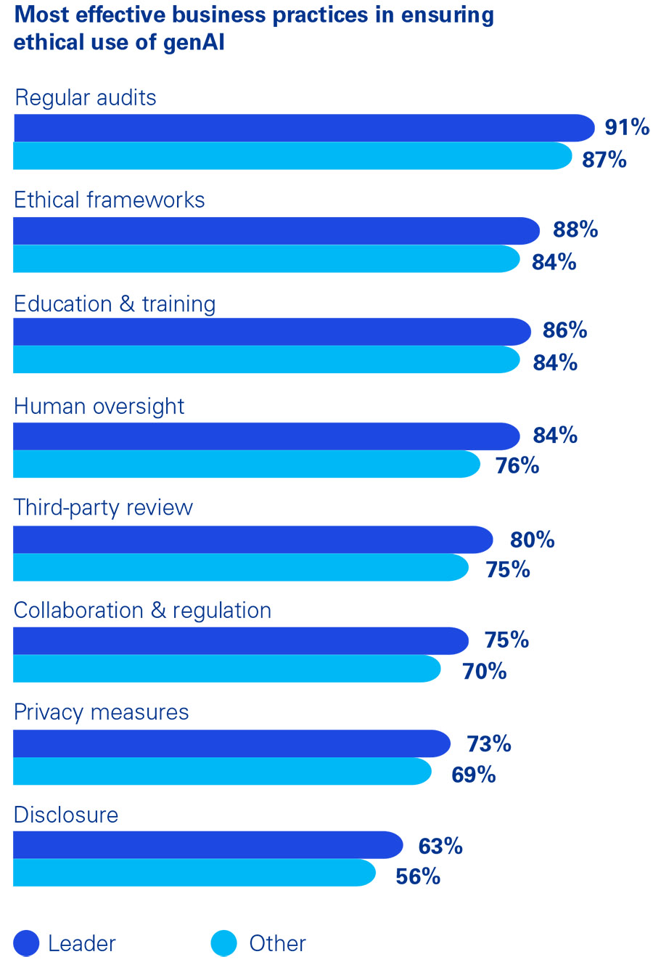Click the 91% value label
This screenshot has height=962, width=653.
(x=627, y=127)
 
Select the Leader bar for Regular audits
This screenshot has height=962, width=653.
(x=303, y=128)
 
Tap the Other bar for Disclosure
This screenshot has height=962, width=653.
(x=194, y=873)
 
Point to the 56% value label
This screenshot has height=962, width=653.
(x=418, y=876)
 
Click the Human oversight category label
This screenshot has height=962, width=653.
(x=99, y=406)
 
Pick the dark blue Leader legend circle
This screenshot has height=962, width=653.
(x=26, y=943)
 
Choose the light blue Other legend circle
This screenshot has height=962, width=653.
(x=224, y=943)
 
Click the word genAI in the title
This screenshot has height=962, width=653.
(x=192, y=42)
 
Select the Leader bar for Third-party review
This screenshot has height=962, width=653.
(x=252, y=539)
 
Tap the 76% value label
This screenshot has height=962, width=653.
(x=517, y=465)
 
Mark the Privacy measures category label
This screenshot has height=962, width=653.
(x=102, y=712)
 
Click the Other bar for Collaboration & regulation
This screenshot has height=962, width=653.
(x=226, y=669)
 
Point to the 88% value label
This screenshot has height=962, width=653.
(x=575, y=229)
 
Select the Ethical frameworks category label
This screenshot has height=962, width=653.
(x=110, y=200)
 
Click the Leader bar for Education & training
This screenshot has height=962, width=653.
(x=271, y=332)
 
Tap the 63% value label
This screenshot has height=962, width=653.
(x=440, y=846)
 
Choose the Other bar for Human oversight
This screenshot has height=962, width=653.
(x=246, y=464)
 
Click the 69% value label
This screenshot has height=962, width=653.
(x=474, y=775)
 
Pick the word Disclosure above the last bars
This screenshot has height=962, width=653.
(x=66, y=815)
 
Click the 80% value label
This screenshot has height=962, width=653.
(x=532, y=539)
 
